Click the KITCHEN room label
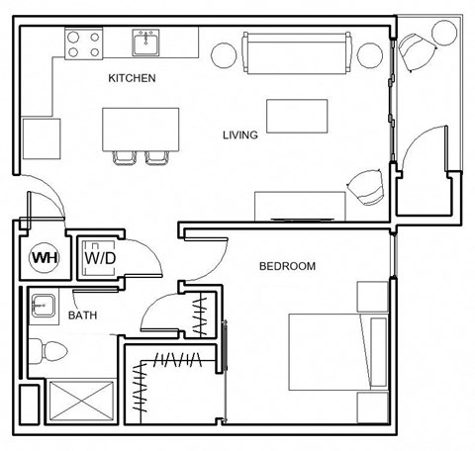pos(133,78)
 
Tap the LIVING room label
pos(239,135)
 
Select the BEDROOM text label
pos(287,266)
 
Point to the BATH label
pos(82,316)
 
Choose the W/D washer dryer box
pos(99,258)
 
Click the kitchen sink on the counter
pos(148,43)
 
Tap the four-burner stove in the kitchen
pos(83,43)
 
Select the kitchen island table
pos(141,128)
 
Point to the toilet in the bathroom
pos(47,348)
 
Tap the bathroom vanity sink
pos(43,305)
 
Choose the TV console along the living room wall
pos(301,205)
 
